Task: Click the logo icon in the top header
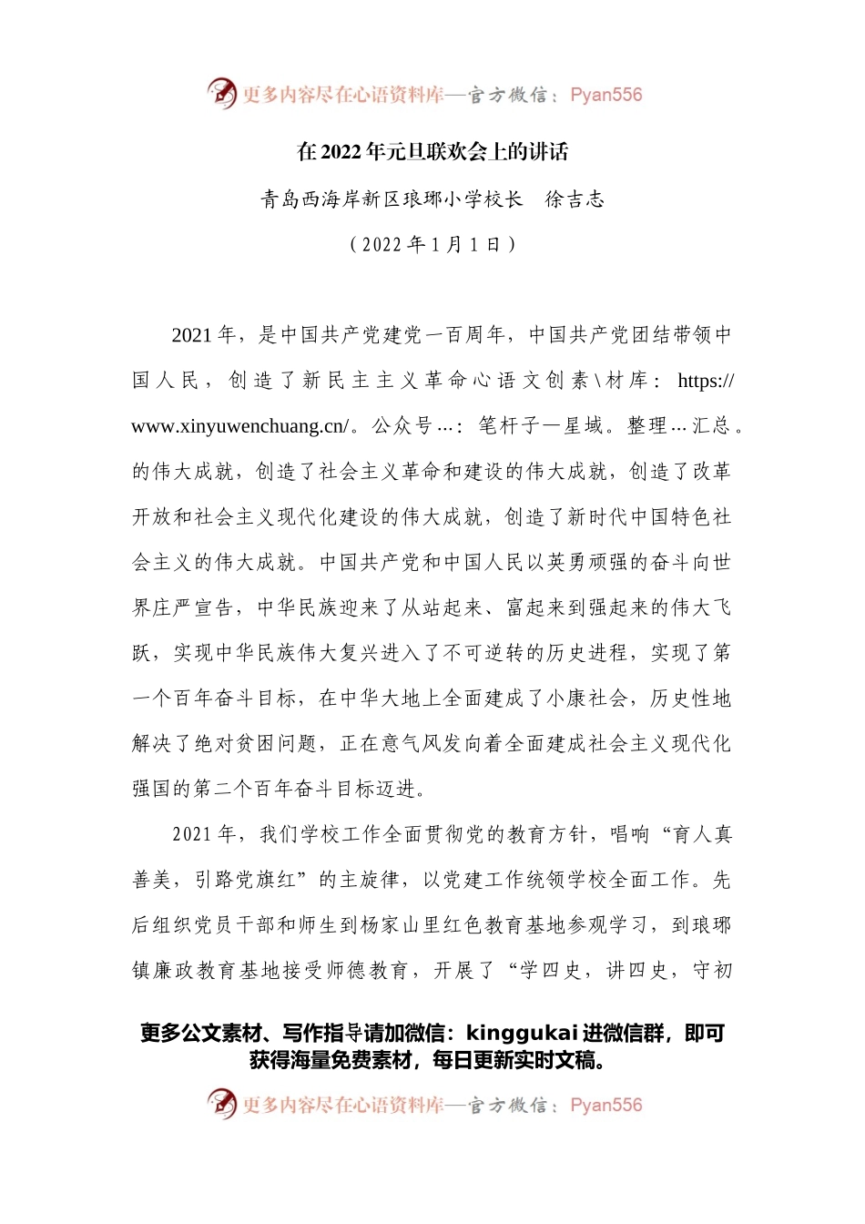(x=221, y=93)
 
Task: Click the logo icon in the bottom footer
(x=221, y=1104)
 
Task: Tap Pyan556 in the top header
(x=605, y=95)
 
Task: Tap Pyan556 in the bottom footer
(x=605, y=1105)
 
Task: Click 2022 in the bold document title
(x=341, y=152)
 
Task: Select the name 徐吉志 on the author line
(x=575, y=199)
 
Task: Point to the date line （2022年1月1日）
(x=432, y=244)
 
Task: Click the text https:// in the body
(x=706, y=381)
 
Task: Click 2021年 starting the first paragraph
(x=204, y=335)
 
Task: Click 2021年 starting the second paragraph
(x=204, y=834)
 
